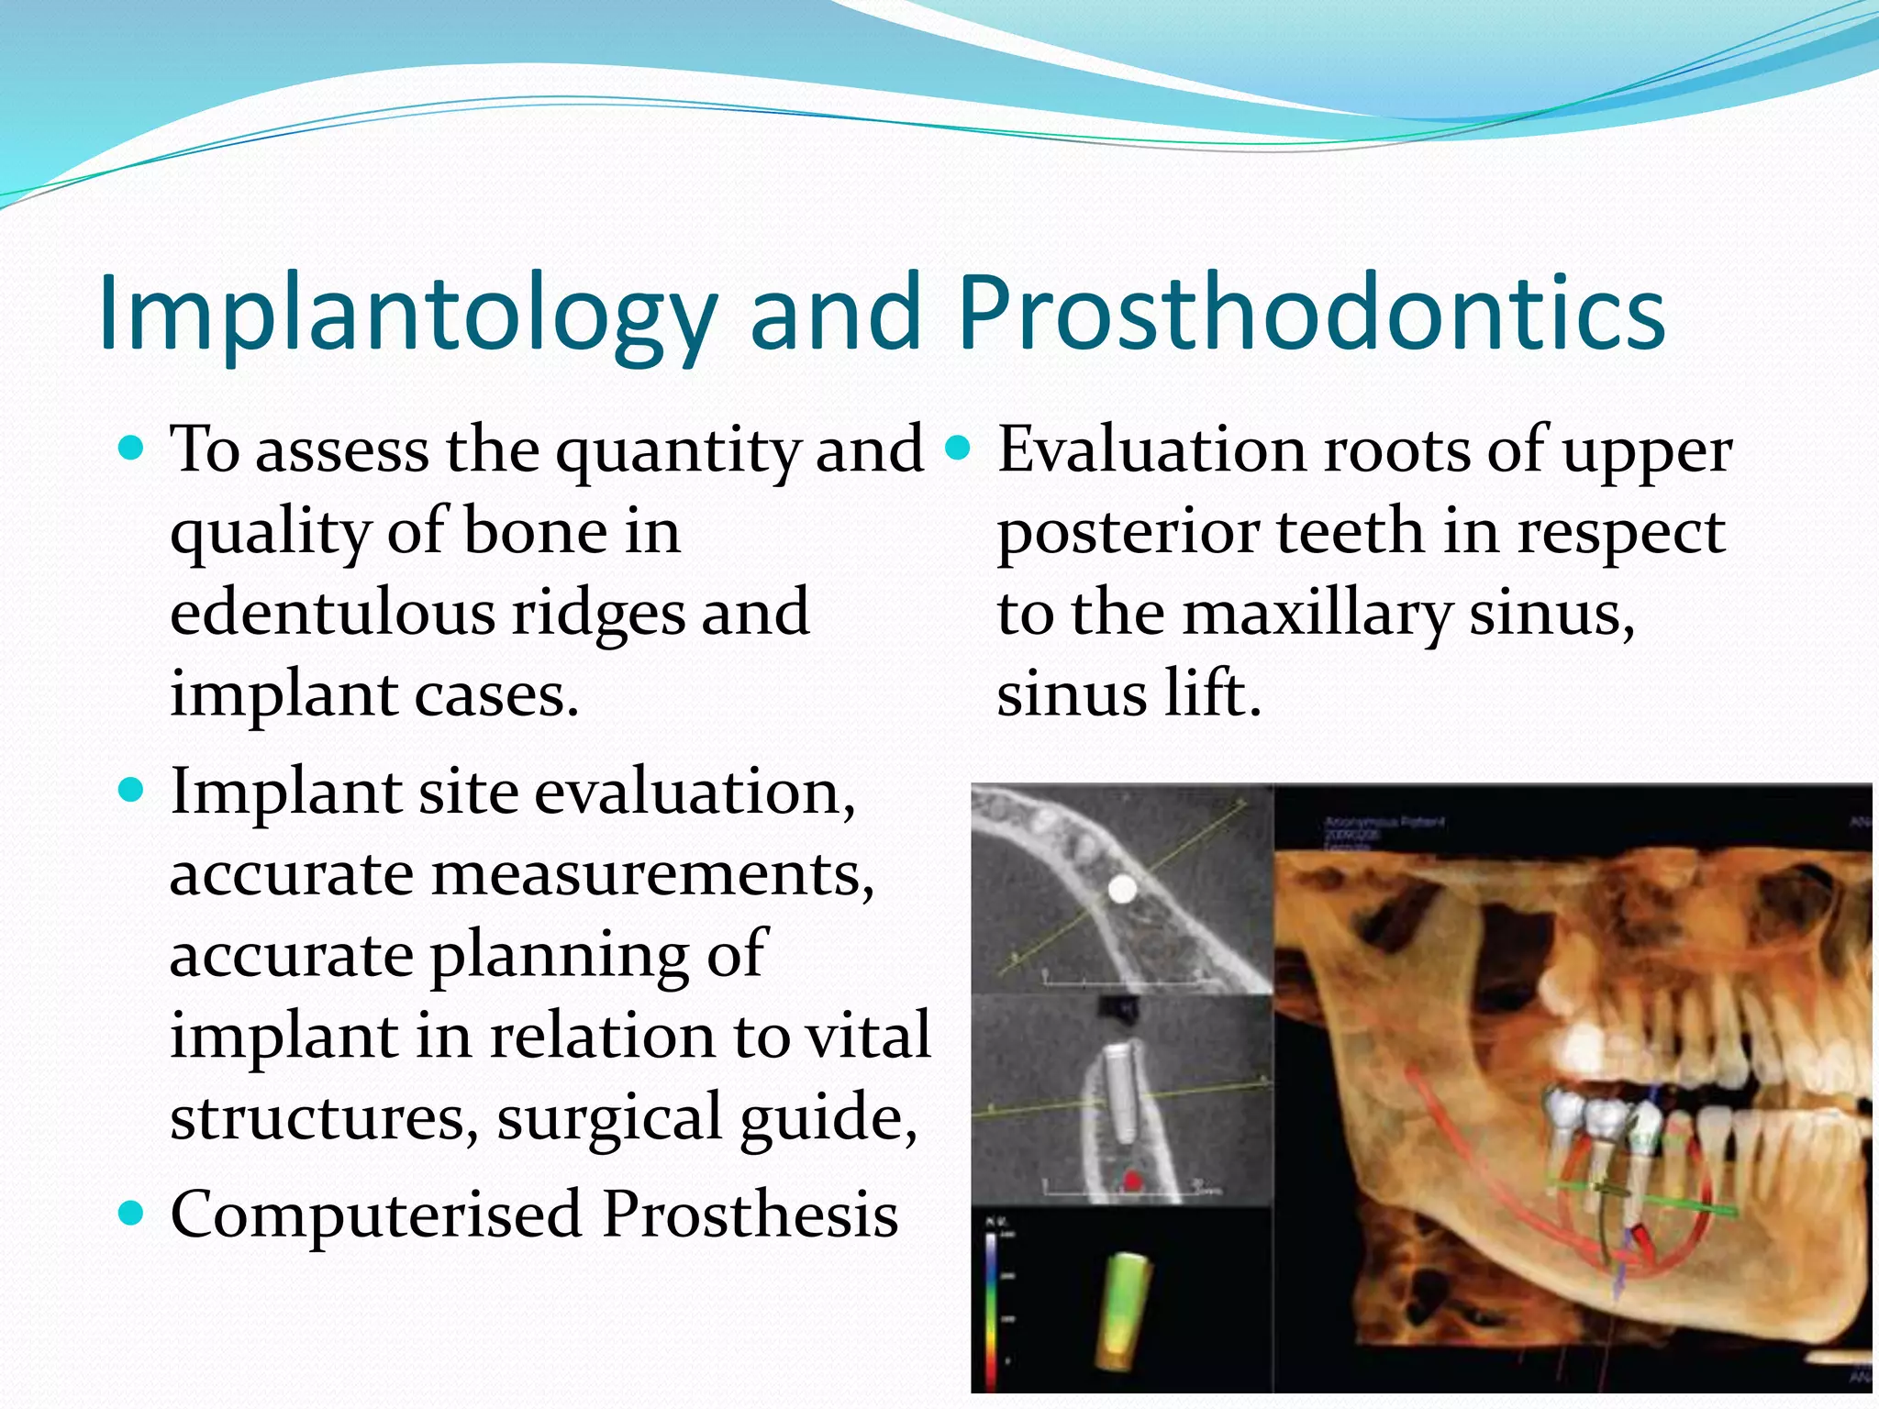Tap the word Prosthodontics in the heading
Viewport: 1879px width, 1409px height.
[1311, 314]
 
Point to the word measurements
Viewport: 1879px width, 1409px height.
[651, 873]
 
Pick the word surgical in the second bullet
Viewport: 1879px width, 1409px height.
[609, 1117]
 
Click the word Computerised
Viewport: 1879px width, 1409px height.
[376, 1215]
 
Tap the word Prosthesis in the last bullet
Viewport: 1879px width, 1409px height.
[750, 1215]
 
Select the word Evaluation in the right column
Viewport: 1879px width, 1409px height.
[1152, 451]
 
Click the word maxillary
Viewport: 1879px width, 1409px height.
[1318, 613]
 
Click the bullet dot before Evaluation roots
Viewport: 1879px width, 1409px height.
[958, 449]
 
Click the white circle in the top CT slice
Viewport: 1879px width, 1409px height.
[1122, 888]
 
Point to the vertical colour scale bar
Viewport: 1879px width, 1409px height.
[991, 1312]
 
